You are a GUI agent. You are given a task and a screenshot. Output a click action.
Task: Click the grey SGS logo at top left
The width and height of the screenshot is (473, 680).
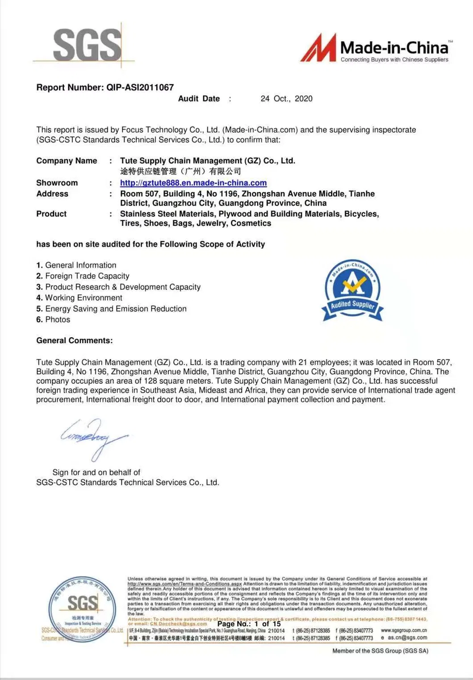pyautogui.click(x=87, y=45)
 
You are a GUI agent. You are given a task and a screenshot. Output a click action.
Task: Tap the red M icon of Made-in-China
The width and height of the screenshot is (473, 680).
pyautogui.click(x=318, y=48)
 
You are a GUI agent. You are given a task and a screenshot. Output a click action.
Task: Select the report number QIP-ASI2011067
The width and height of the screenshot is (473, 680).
pyautogui.click(x=140, y=88)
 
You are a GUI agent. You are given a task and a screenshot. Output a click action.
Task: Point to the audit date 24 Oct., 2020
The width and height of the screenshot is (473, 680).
pyautogui.click(x=286, y=99)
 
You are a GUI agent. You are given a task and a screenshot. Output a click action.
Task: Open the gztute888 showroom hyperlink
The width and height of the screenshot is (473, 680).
pyautogui.click(x=193, y=183)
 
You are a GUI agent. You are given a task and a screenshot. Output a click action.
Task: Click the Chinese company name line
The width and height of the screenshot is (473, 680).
pyautogui.click(x=180, y=171)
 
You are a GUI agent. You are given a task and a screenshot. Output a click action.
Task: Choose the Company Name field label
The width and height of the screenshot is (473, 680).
pyautogui.click(x=67, y=161)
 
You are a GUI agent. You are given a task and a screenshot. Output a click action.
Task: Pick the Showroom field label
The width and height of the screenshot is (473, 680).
pyautogui.click(x=57, y=183)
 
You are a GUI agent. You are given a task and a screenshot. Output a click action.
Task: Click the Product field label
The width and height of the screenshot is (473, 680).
pyautogui.click(x=51, y=214)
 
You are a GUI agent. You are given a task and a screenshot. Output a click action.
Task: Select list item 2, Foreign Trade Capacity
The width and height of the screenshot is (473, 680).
pyautogui.click(x=83, y=276)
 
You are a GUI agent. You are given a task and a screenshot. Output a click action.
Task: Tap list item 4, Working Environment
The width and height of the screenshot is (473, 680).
pyautogui.click(x=80, y=298)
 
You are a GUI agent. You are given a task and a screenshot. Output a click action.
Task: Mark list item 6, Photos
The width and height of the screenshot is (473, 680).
pyautogui.click(x=54, y=320)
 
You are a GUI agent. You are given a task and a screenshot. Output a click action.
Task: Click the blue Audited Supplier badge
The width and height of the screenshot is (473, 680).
pyautogui.click(x=352, y=290)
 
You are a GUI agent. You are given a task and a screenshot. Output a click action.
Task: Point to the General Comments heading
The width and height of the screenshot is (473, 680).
pyautogui.click(x=75, y=340)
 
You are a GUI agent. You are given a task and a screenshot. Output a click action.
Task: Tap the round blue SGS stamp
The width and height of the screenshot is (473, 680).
pyautogui.click(x=83, y=609)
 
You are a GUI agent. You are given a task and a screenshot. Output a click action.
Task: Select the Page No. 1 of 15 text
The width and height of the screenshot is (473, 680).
pyautogui.click(x=249, y=624)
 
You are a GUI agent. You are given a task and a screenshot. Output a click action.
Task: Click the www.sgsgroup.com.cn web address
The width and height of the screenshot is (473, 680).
pyautogui.click(x=403, y=630)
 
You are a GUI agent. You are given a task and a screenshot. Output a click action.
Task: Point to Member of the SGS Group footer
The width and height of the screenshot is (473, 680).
pyautogui.click(x=380, y=651)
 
